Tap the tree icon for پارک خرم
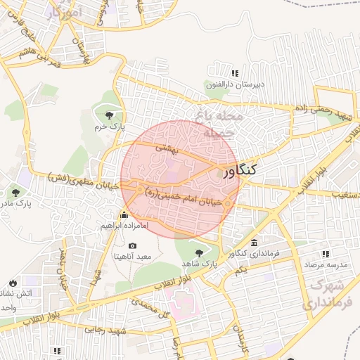pyautogui.click(x=108, y=115)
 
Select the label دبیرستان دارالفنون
pyautogui.click(x=235, y=84)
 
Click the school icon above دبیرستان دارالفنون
pyautogui.click(x=235, y=73)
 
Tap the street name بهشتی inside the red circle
pyautogui.click(x=169, y=148)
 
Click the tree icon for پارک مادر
pyautogui.click(x=15, y=192)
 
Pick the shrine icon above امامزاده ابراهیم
pyautogui.click(x=124, y=214)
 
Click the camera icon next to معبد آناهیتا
pyautogui.click(x=132, y=245)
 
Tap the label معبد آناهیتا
pyautogui.click(x=132, y=257)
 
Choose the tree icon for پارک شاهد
pyautogui.click(x=200, y=251)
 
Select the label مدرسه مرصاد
pyautogui.click(x=327, y=264)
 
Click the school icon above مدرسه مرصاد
pyautogui.click(x=327, y=253)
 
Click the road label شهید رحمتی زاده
pyautogui.click(x=321, y=112)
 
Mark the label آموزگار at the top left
pyautogui.click(x=67, y=13)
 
